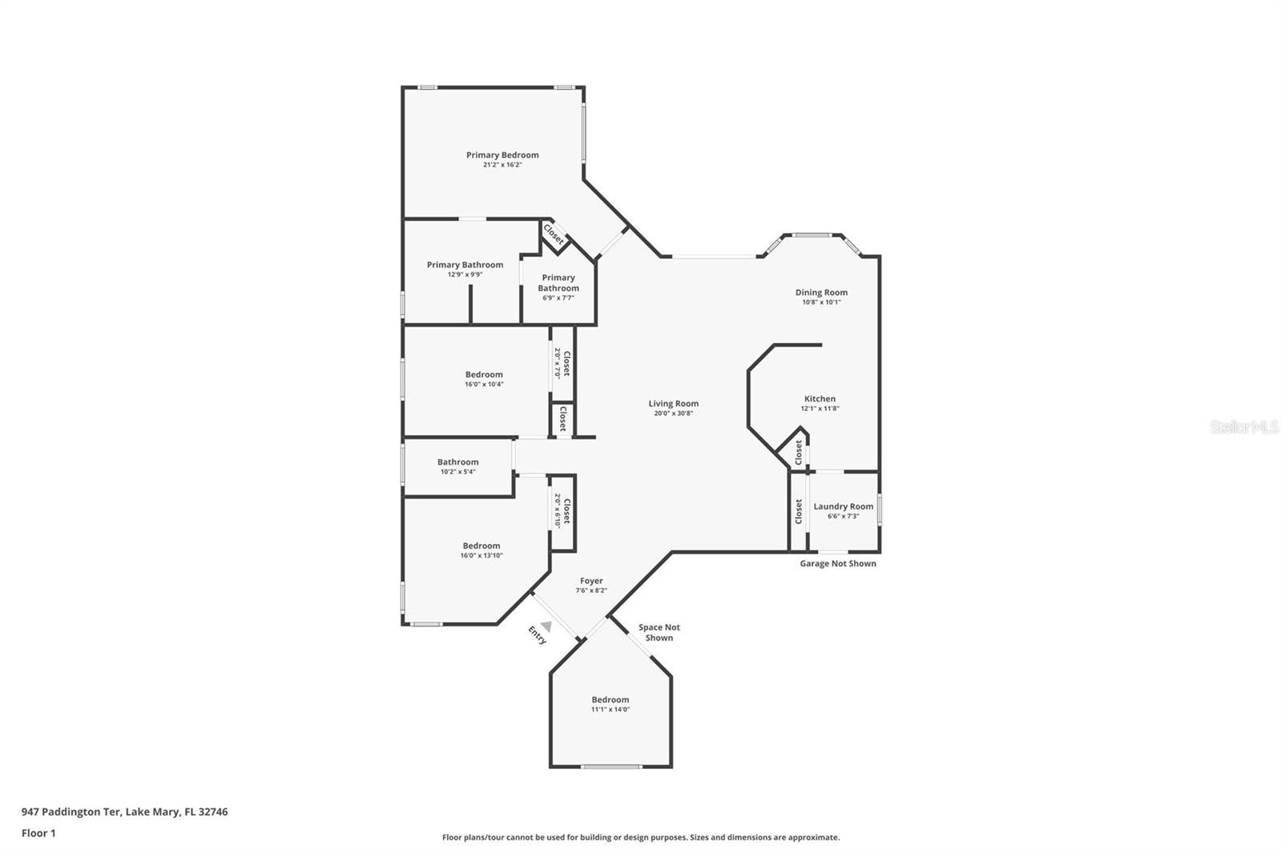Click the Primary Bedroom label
(x=502, y=155)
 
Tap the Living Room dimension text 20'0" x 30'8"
(x=673, y=413)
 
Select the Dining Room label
(x=821, y=292)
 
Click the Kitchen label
(x=820, y=399)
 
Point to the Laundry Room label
(x=843, y=506)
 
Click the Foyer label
(x=591, y=581)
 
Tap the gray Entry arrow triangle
(x=546, y=626)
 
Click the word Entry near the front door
(x=537, y=635)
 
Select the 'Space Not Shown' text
(x=659, y=633)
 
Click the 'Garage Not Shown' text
(x=837, y=563)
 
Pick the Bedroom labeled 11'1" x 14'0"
(x=611, y=699)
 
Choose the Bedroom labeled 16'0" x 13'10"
(x=481, y=546)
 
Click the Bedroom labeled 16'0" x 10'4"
(x=484, y=375)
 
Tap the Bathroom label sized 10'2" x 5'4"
(x=458, y=462)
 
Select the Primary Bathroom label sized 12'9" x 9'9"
(x=465, y=265)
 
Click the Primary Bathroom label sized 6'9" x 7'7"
(x=558, y=283)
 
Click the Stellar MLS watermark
(x=1244, y=427)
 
